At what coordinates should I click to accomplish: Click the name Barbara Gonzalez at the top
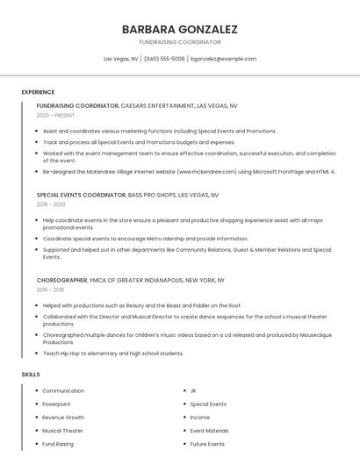180,29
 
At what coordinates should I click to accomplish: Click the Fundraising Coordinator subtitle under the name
180,42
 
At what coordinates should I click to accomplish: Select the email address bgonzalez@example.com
224,59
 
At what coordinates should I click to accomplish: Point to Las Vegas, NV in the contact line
120,59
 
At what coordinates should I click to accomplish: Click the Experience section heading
38,92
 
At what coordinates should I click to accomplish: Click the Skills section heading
31,375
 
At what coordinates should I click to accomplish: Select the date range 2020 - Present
55,115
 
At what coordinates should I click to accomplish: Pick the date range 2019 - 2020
51,204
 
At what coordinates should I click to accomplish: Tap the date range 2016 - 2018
50,289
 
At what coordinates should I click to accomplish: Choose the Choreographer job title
61,280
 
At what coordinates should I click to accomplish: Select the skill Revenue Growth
63,418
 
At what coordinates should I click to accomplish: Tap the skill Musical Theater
62,431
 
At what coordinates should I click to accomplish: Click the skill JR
193,390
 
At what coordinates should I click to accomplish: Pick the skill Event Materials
209,431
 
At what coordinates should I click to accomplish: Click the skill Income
200,418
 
